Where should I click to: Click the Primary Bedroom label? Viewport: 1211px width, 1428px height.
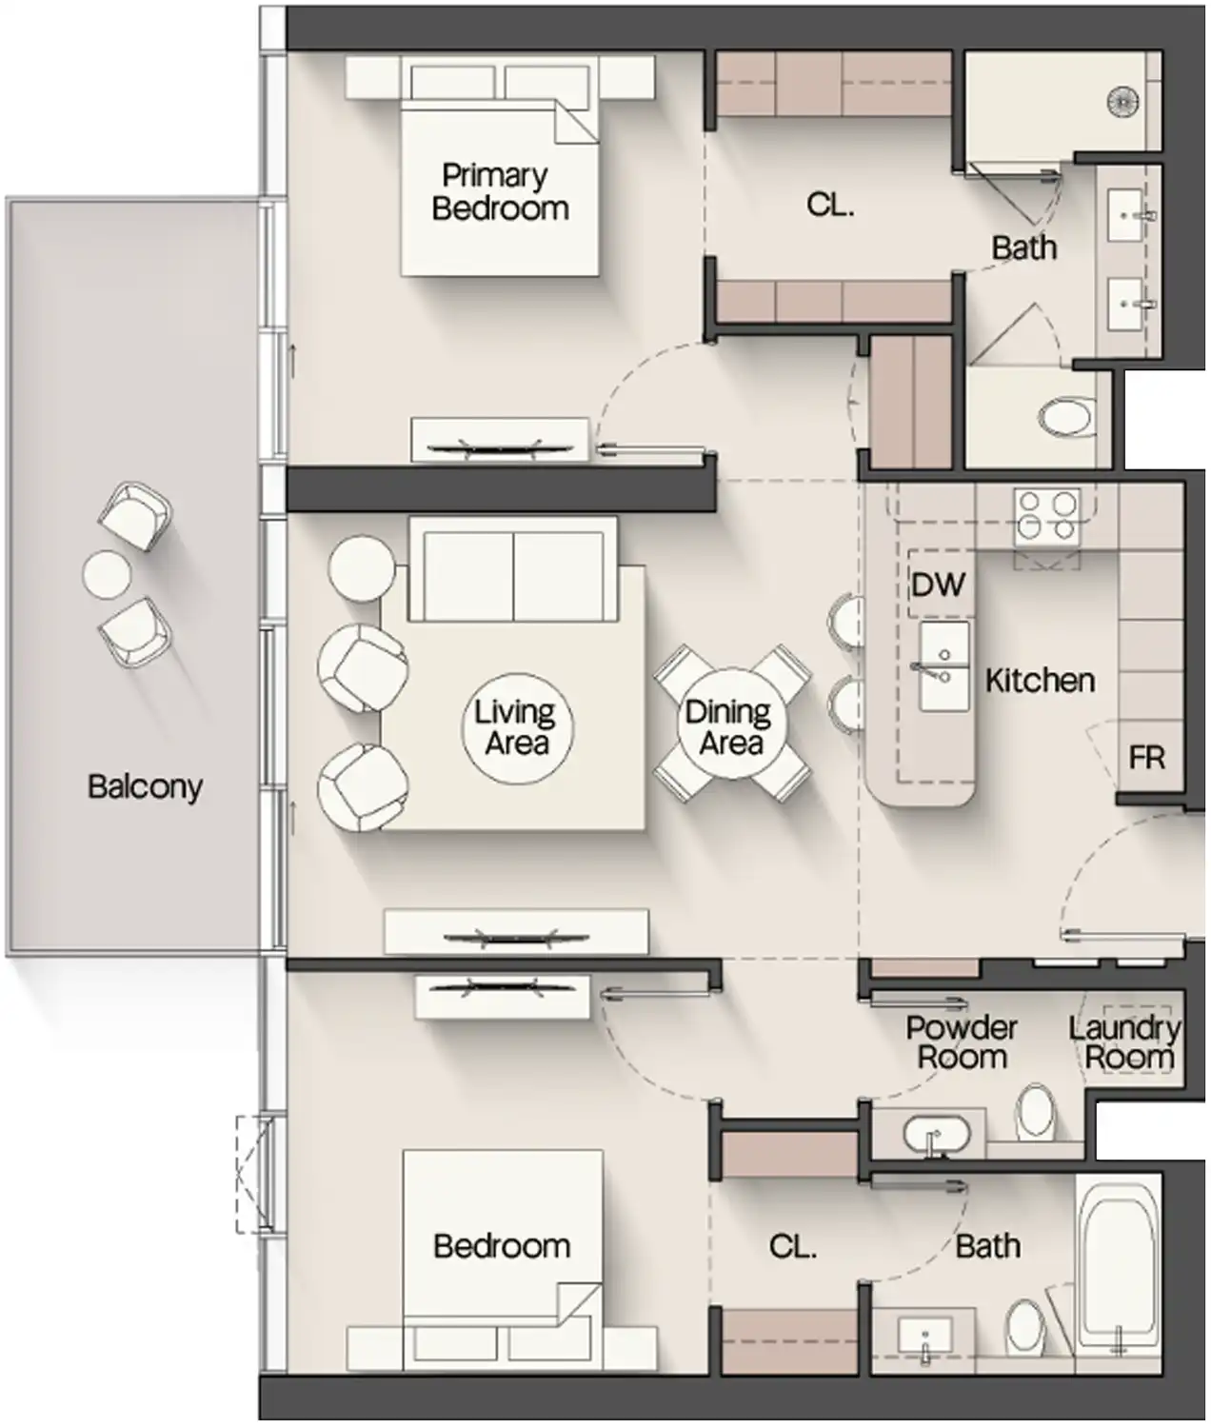(499, 191)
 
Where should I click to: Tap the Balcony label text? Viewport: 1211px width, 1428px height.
(145, 786)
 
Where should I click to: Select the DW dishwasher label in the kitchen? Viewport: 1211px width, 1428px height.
(938, 584)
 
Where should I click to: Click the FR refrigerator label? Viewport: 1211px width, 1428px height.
(1146, 758)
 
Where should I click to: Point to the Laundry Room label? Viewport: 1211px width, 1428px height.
(1126, 1041)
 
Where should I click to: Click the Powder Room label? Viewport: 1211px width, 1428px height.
(961, 1041)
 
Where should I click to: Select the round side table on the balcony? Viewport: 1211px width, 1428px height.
(106, 575)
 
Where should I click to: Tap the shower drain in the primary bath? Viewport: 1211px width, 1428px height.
(1124, 101)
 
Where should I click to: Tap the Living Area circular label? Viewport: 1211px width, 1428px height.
(516, 727)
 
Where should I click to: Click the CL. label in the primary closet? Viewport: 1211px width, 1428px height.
(829, 204)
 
